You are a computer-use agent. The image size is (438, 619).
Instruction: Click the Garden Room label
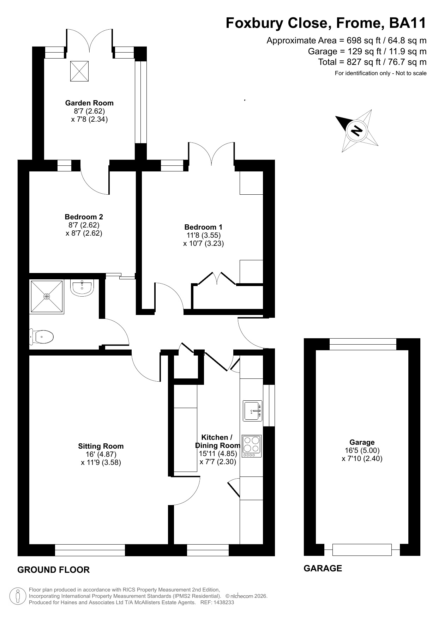pyautogui.click(x=89, y=103)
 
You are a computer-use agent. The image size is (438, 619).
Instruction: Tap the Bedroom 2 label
pyautogui.click(x=84, y=217)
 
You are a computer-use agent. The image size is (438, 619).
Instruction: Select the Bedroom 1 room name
pyautogui.click(x=203, y=227)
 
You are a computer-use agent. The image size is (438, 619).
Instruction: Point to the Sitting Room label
pyautogui.click(x=101, y=446)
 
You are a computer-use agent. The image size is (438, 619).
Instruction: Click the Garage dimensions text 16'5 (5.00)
pyautogui.click(x=362, y=450)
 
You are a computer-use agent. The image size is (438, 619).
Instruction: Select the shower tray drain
pyautogui.click(x=47, y=297)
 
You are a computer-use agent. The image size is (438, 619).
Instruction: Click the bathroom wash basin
pyautogui.click(x=82, y=287)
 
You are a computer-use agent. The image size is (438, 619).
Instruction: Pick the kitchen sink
pyautogui.click(x=253, y=411)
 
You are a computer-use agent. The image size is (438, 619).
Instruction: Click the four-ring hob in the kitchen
pyautogui.click(x=252, y=446)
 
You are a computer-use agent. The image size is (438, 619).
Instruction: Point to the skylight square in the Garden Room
pyautogui.click(x=79, y=71)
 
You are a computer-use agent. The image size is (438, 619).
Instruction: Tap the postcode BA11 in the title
pyautogui.click(x=408, y=23)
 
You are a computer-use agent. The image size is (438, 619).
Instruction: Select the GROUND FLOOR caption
pyautogui.click(x=54, y=570)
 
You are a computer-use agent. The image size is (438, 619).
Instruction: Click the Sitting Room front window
pyautogui.click(x=90, y=550)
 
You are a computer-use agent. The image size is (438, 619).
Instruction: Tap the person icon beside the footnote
pyautogui.click(x=18, y=596)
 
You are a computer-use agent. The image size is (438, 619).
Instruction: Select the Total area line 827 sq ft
pyautogui.click(x=372, y=62)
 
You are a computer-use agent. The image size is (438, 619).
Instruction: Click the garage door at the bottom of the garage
pyautogui.click(x=362, y=550)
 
